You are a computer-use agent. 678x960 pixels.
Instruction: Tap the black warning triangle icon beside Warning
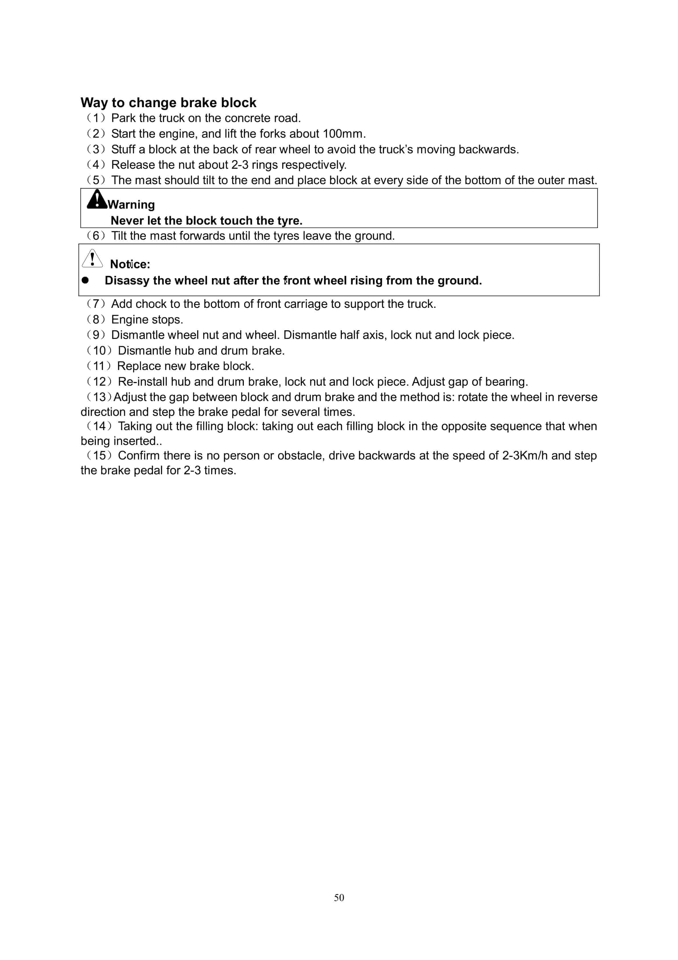(x=97, y=200)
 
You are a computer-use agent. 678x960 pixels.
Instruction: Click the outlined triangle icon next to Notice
(x=92, y=259)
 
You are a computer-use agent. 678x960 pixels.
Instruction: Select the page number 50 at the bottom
(x=339, y=897)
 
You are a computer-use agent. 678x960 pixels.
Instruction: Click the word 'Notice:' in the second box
(x=130, y=264)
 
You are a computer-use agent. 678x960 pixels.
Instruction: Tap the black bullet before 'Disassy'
(x=85, y=280)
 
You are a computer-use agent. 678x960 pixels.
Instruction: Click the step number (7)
(x=96, y=304)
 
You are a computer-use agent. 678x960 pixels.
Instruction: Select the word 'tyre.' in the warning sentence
(x=290, y=221)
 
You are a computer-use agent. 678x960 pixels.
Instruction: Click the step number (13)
(x=99, y=397)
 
